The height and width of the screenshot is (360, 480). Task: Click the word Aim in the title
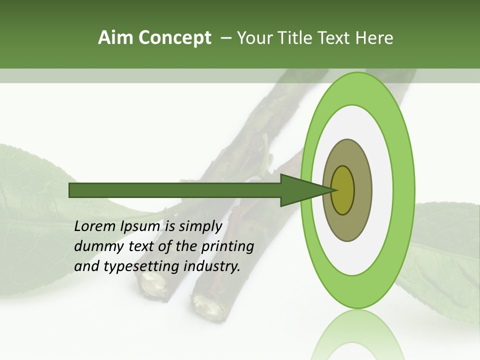point(115,38)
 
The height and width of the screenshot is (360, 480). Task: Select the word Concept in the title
point(174,38)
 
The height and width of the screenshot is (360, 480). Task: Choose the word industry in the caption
point(211,266)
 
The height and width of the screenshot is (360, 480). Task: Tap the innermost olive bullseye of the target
point(342,190)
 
